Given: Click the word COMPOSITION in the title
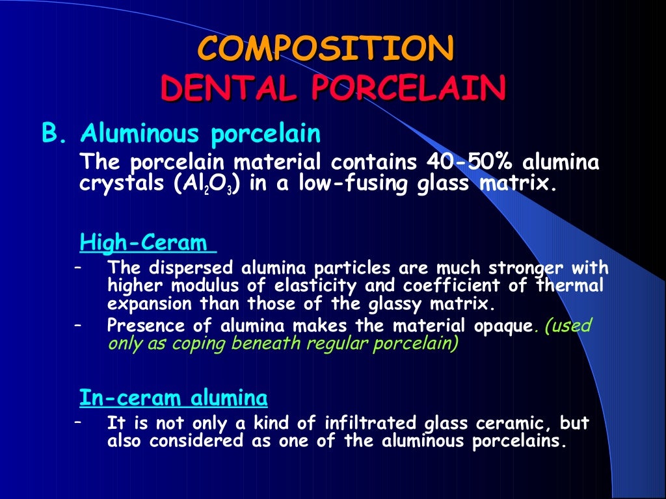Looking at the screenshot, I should coord(325,49).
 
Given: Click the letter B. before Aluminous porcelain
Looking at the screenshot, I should coord(55,134).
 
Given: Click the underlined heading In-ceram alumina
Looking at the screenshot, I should coord(173,396).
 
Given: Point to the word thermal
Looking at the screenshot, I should coord(570,286).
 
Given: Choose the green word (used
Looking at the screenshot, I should coord(566,326).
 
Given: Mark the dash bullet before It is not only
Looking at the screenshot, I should coord(78,423).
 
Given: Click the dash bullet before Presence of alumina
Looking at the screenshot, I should coord(78,325).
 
